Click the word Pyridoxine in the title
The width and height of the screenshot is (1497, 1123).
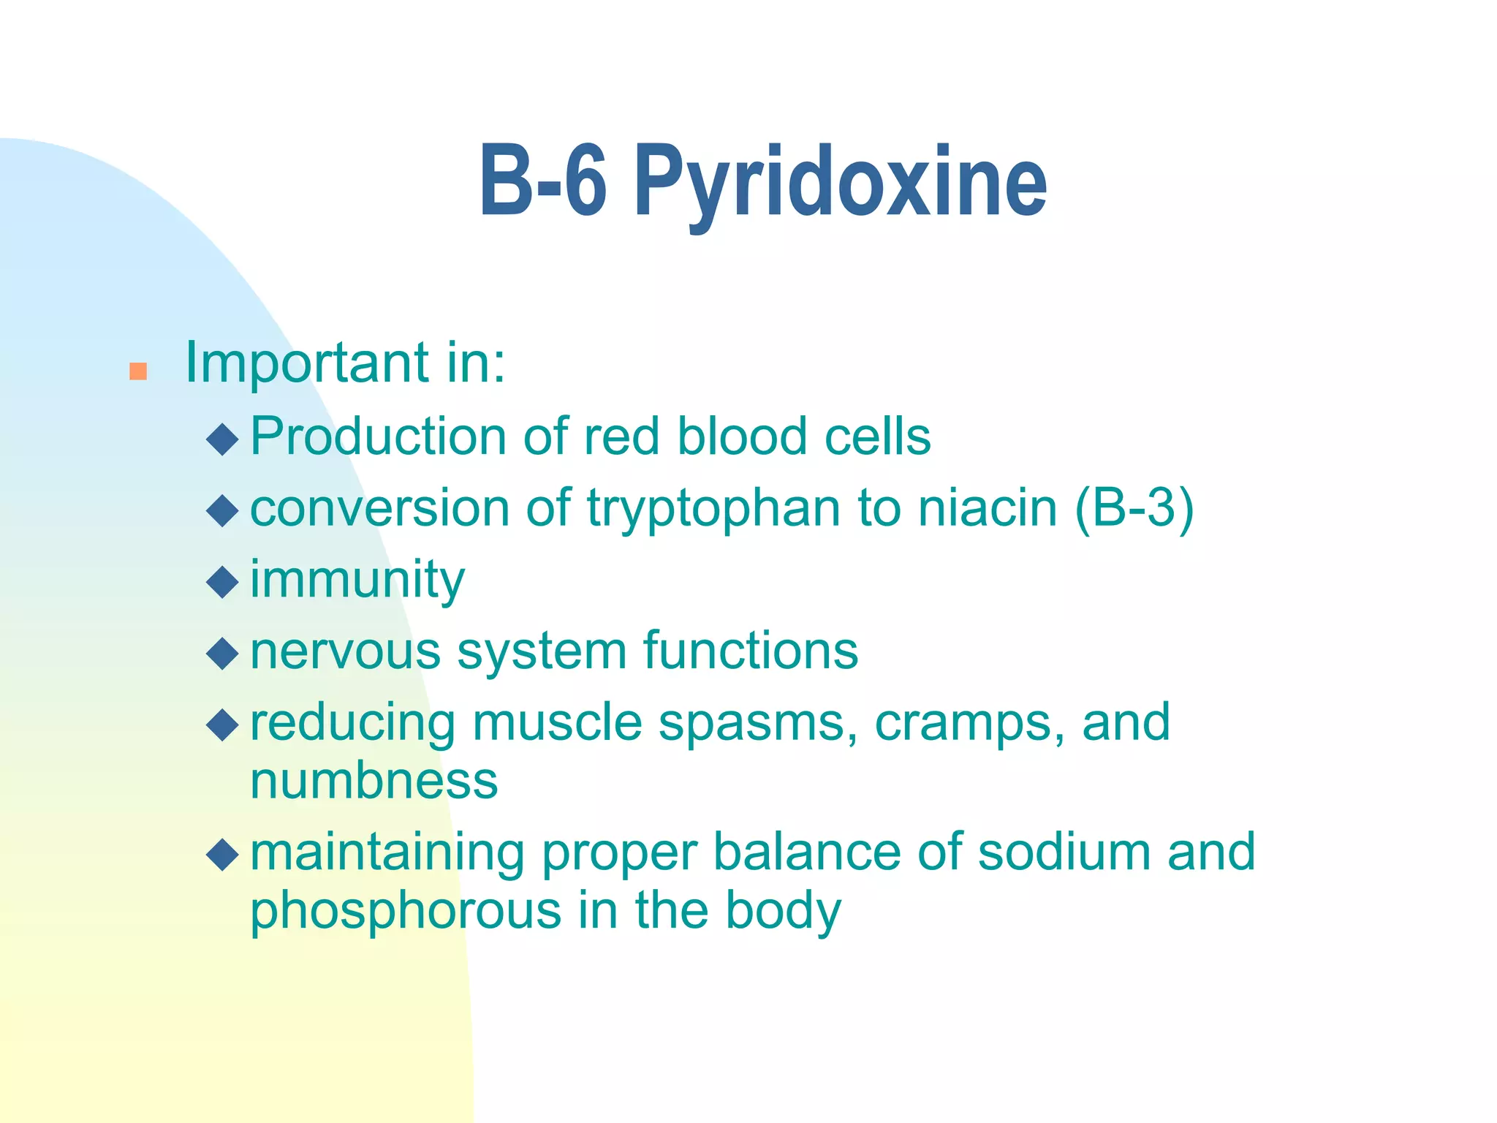coord(841,183)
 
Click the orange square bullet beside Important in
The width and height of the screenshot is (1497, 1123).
coord(138,371)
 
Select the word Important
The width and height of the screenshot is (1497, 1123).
coord(307,363)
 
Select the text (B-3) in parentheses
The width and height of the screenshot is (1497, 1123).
coord(1134,507)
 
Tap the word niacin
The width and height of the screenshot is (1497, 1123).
coord(988,507)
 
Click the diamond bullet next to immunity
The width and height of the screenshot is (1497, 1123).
coord(222,582)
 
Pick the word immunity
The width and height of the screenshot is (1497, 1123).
coord(357,580)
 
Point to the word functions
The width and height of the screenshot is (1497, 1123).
coord(751,650)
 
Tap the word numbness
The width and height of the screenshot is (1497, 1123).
coord(374,780)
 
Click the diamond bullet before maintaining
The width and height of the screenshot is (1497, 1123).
coord(222,854)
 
